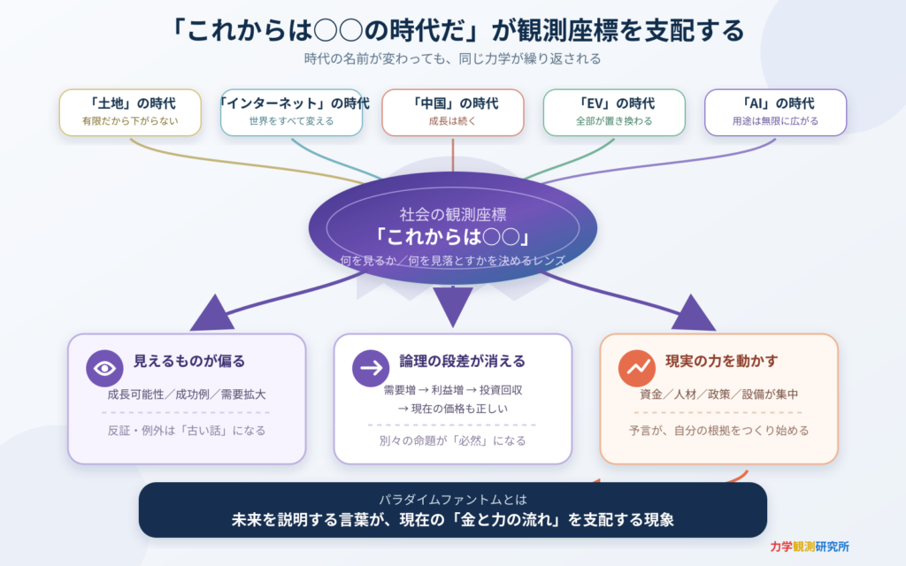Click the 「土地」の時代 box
[x=130, y=112]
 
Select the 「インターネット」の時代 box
[x=291, y=112]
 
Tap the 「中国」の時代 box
[x=453, y=112]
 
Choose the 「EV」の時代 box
[x=614, y=112]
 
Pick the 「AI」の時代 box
[x=775, y=112]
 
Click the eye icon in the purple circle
[x=104, y=368]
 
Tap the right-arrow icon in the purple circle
[x=371, y=368]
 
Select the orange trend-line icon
[x=637, y=368]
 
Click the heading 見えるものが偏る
[x=189, y=362]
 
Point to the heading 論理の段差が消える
[x=462, y=362]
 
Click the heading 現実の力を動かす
[x=722, y=362]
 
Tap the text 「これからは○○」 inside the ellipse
[x=452, y=237]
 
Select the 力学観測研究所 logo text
[x=810, y=547]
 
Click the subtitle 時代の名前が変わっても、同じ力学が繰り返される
[x=452, y=59]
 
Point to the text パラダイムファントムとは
[x=452, y=500]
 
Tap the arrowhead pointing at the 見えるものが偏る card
[x=212, y=315]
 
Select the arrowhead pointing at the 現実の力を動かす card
[x=693, y=315]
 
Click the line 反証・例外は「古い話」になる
[x=186, y=431]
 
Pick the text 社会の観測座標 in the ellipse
[x=453, y=215]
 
